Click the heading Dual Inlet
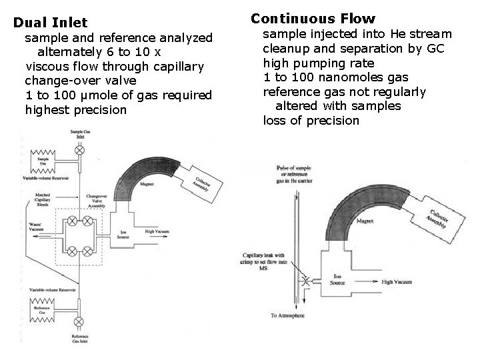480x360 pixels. [50, 23]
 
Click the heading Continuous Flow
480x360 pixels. [313, 19]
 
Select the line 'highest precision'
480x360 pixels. [75, 109]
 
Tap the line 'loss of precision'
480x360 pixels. [311, 121]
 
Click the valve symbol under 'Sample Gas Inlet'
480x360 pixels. [79, 151]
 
